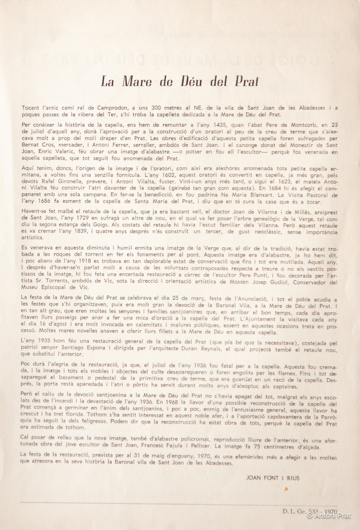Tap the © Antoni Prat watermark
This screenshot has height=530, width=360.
tap(330, 515)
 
